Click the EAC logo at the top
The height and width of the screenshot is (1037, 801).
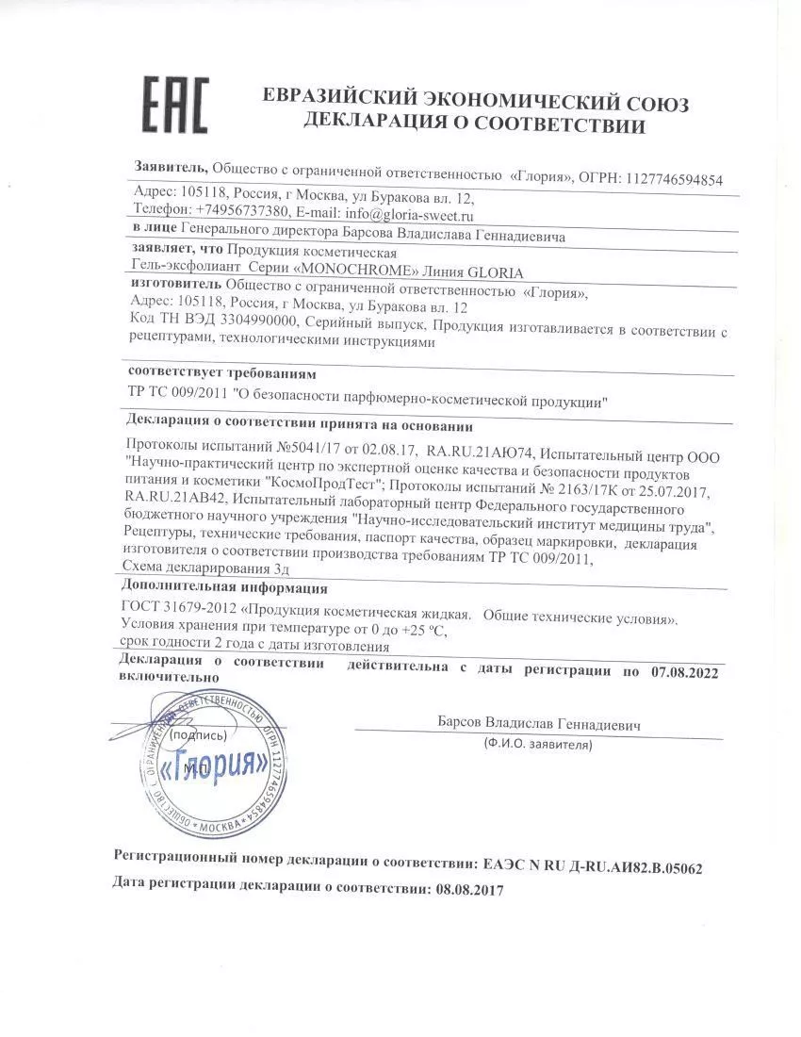pos(174,105)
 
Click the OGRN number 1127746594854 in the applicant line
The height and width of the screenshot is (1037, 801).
pos(670,178)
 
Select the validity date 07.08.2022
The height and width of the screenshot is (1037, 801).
pos(684,671)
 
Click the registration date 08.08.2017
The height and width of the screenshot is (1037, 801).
pos(467,888)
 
